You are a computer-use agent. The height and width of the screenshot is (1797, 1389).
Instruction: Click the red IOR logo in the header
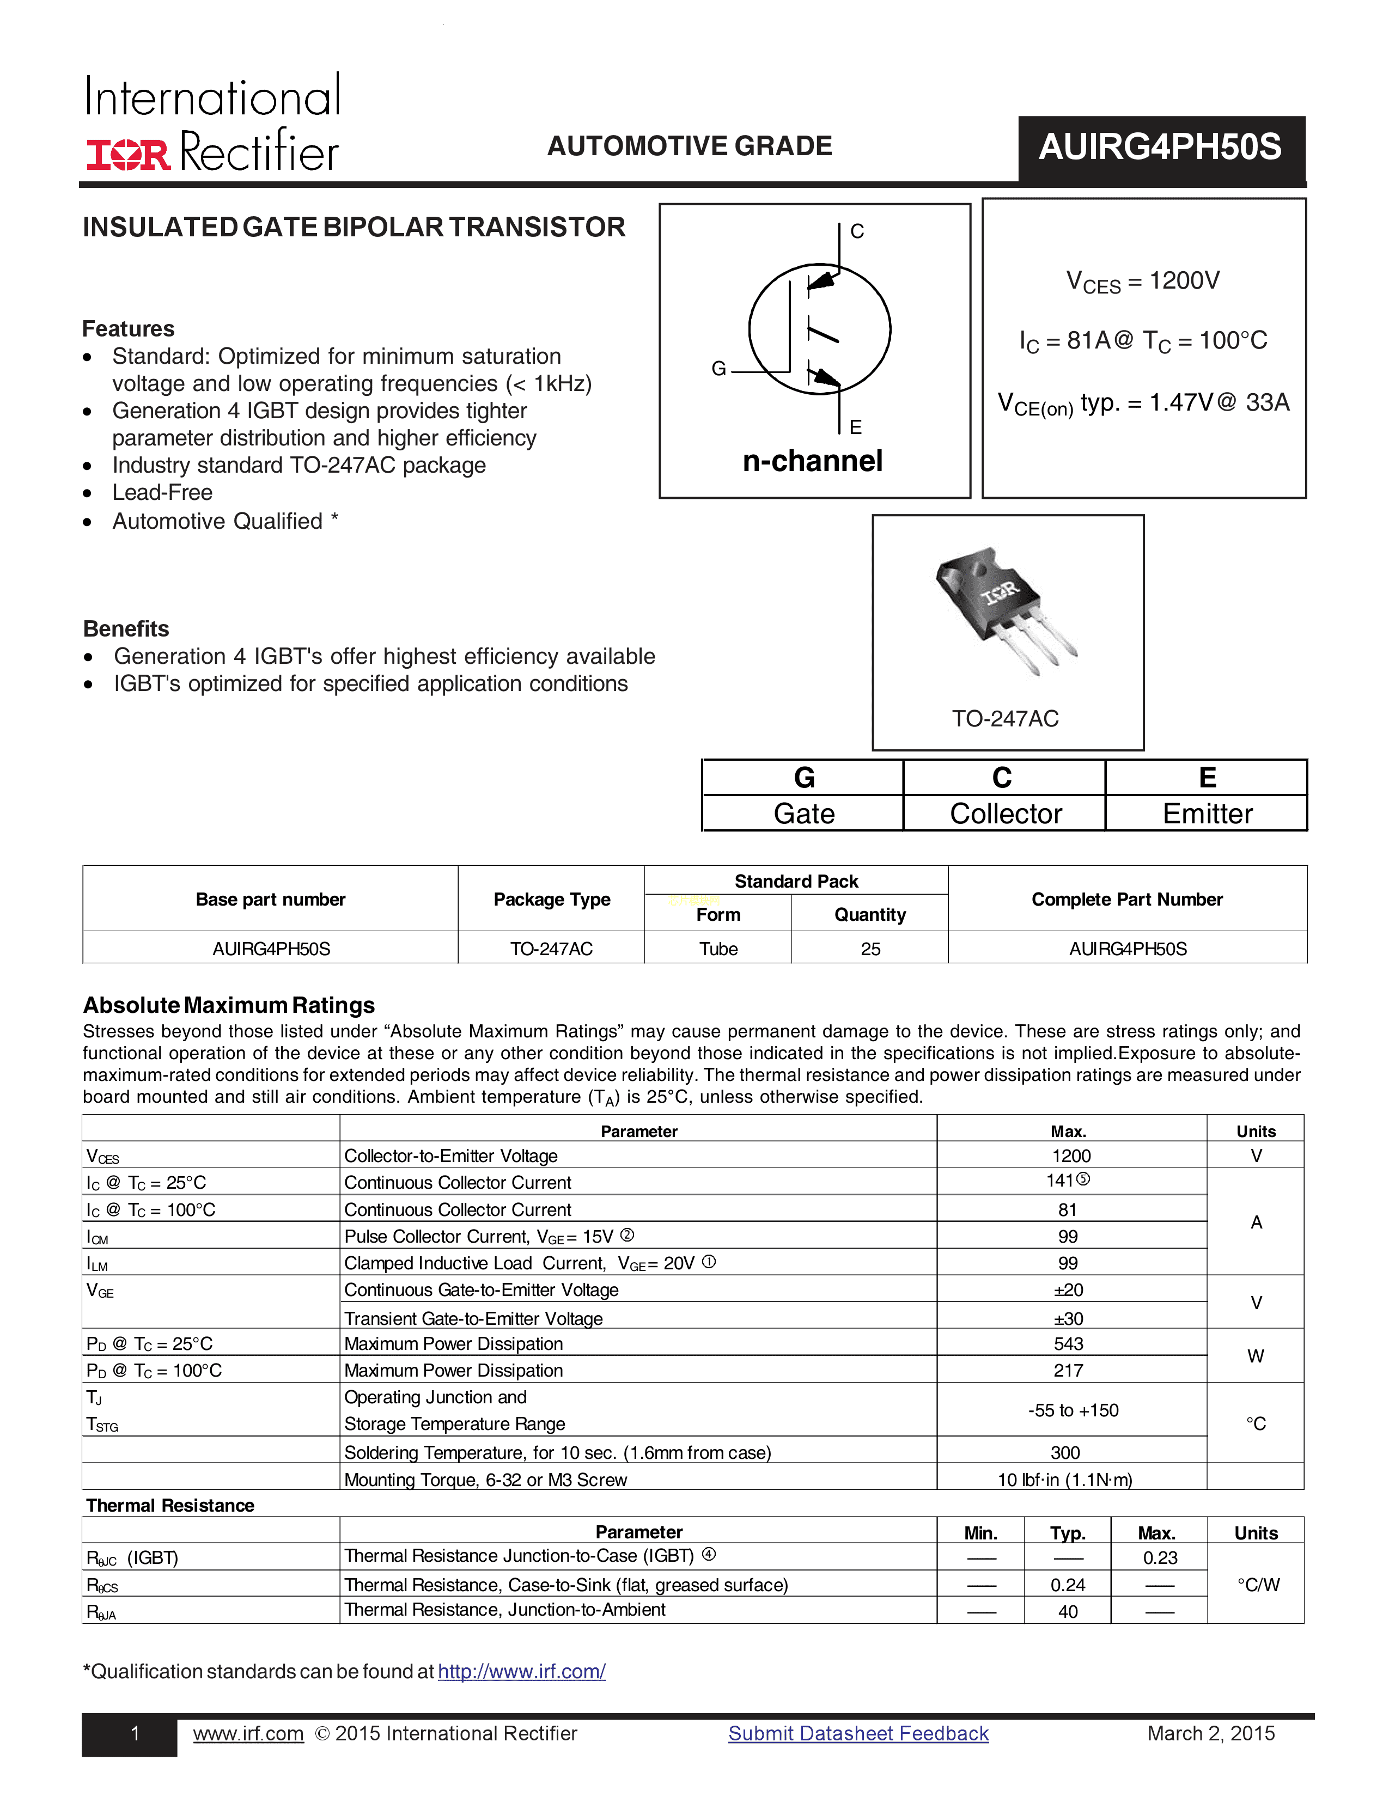coord(129,154)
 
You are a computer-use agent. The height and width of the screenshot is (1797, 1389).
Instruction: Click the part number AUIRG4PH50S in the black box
coord(1160,147)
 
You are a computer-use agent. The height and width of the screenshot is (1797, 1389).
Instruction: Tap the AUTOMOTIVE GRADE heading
coord(690,146)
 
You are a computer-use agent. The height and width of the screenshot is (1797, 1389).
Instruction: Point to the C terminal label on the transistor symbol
coord(857,231)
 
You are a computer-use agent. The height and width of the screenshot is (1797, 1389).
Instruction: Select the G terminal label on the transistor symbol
coord(718,369)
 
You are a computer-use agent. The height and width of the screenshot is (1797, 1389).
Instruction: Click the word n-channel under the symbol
coord(812,462)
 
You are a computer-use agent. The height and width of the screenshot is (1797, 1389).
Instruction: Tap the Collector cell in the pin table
coord(1006,814)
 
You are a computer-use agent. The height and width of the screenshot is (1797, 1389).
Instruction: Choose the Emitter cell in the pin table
coord(1207,814)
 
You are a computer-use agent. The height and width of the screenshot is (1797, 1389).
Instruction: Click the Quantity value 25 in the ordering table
coord(870,949)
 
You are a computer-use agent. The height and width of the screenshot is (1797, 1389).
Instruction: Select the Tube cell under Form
coord(718,949)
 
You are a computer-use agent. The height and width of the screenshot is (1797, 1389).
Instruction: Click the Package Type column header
coord(551,900)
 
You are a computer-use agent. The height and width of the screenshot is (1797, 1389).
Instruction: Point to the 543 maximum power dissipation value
coord(1068,1343)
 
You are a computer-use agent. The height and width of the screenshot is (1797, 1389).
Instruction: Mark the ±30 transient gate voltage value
coord(1068,1318)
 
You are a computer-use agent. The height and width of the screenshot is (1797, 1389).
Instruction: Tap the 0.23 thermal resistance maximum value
coord(1160,1557)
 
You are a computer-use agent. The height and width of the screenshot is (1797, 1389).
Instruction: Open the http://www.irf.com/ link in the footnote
coord(522,1671)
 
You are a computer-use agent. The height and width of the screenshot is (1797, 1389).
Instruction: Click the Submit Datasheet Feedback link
coord(858,1734)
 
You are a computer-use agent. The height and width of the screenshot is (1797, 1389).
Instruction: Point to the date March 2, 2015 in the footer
coord(1210,1734)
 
